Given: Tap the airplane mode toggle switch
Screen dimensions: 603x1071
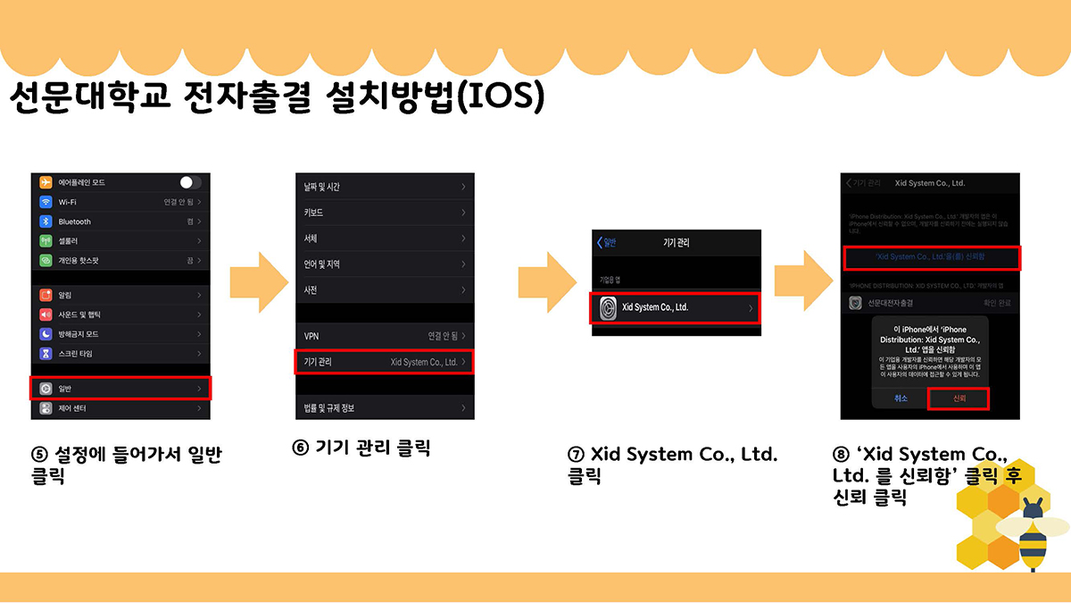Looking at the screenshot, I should [x=189, y=182].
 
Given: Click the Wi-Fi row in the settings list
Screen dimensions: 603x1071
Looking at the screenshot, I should [x=120, y=202].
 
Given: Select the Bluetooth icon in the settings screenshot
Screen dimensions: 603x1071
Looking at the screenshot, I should [x=46, y=222].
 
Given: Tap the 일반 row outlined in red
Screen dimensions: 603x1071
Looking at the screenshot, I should [x=120, y=389].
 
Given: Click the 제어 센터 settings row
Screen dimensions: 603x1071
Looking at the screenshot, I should [x=120, y=408].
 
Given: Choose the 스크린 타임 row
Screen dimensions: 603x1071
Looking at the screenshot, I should [x=120, y=354].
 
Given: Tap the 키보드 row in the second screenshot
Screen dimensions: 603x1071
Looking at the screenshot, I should [x=385, y=213].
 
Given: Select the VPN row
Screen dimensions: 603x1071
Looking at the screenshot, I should [x=385, y=336].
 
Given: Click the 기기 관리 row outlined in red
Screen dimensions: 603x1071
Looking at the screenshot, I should [x=385, y=362].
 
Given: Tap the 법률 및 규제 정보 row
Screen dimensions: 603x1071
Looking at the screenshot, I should [x=385, y=408].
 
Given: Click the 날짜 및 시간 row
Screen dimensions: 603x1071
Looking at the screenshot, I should [x=385, y=187].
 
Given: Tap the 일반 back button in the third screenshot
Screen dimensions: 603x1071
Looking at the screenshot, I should [x=607, y=243].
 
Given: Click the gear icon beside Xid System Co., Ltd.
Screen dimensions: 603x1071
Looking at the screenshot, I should [x=609, y=308].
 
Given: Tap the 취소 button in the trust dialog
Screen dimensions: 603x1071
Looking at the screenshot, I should [x=901, y=398].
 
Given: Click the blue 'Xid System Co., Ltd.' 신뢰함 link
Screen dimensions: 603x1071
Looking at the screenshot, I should [x=932, y=257].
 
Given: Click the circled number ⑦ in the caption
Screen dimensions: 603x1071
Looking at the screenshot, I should [x=576, y=455].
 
